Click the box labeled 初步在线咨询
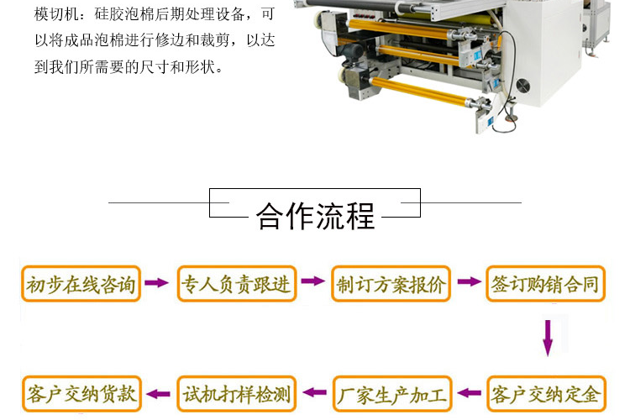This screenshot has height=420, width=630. point(81,284)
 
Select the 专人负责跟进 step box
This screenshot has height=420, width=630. point(237,284)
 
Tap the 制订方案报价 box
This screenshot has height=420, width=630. point(391,284)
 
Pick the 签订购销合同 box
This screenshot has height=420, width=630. point(546,284)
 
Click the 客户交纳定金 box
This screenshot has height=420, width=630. point(546,394)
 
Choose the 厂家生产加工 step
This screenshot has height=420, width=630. point(392,394)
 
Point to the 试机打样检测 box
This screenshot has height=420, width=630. point(237,394)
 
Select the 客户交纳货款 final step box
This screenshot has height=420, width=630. point(81,394)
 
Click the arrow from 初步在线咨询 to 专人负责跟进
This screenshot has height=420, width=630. point(156,282)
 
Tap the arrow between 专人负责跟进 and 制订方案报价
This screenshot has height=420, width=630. point(312,281)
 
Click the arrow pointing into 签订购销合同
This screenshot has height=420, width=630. point(469,281)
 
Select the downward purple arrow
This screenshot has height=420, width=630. point(548,338)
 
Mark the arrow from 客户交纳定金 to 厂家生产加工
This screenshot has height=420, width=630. point(469,392)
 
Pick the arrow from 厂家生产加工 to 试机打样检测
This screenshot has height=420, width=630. point(315,392)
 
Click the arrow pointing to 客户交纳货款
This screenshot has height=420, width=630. point(158,394)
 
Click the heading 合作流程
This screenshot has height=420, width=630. point(315,216)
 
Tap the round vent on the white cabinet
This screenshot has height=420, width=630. point(523,85)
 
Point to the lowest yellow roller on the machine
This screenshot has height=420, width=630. point(422,92)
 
